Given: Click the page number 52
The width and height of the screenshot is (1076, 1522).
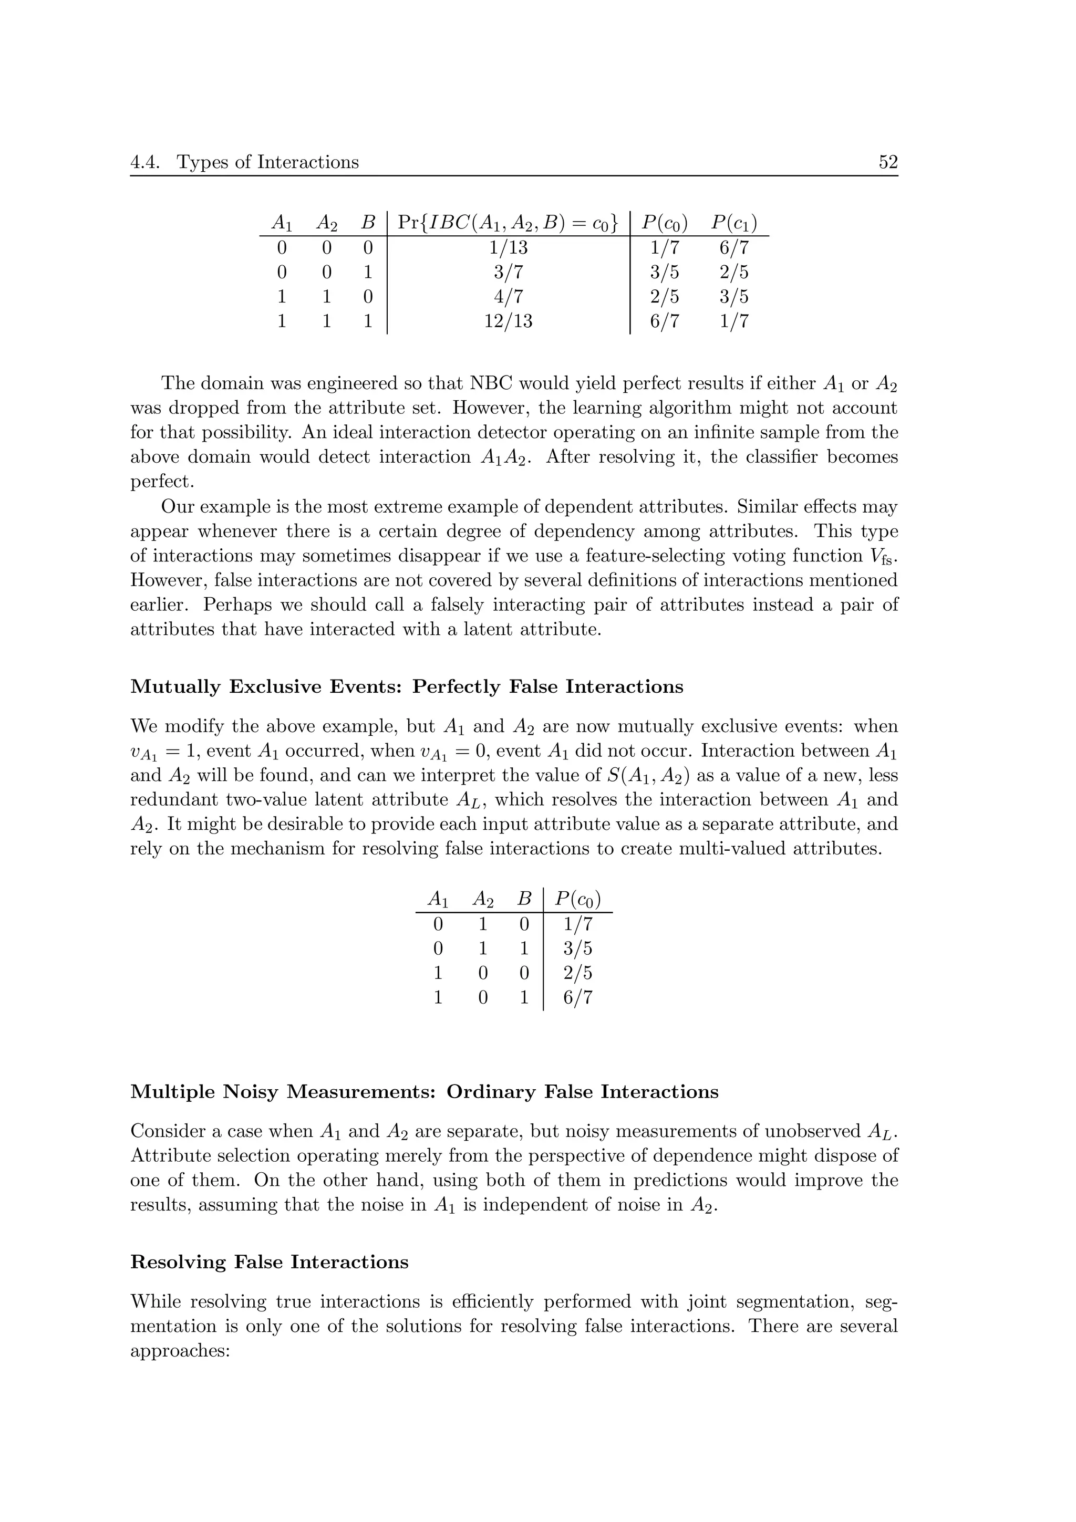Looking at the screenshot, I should pyautogui.click(x=888, y=162).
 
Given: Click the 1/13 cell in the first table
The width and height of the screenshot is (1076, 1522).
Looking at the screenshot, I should pyautogui.click(x=508, y=248).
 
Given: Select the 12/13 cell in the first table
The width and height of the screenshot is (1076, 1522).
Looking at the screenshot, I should pyautogui.click(x=508, y=321).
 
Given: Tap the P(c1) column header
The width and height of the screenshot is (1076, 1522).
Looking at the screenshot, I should pyautogui.click(x=734, y=223).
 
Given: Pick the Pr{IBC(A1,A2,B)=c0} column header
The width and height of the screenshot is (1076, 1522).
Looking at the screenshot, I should pyautogui.click(x=508, y=223).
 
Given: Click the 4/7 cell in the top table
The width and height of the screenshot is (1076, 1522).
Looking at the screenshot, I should pyautogui.click(x=508, y=297).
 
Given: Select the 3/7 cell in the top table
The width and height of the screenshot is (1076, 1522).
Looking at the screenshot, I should pyautogui.click(x=508, y=273).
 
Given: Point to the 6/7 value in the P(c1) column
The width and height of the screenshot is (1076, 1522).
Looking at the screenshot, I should pyautogui.click(x=734, y=248).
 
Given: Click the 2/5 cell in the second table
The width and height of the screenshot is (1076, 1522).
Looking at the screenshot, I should pyautogui.click(x=577, y=973).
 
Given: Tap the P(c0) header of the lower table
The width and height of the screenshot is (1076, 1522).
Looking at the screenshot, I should pyautogui.click(x=577, y=900).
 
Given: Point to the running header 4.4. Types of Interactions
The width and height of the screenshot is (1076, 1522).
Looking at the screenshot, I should pyautogui.click(x=245, y=162).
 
